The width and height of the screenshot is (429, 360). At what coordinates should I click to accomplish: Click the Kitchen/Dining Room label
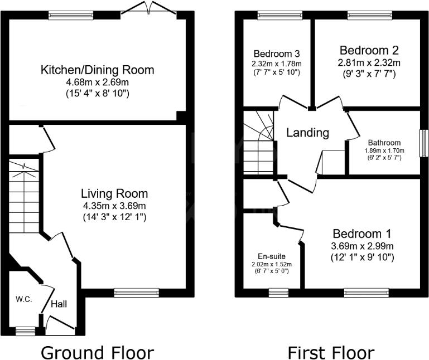click(x=97, y=70)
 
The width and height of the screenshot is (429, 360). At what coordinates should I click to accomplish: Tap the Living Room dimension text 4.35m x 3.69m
click(x=114, y=206)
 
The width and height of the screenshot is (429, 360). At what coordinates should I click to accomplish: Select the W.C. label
click(x=23, y=299)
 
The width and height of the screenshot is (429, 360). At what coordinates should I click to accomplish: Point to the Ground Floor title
click(x=97, y=352)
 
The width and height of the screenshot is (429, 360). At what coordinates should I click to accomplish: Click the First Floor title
click(x=330, y=352)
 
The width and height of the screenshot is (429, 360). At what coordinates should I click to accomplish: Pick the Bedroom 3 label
click(x=277, y=54)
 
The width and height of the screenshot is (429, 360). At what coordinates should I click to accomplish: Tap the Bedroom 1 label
click(x=363, y=233)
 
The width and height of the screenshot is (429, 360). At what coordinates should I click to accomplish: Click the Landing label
click(x=307, y=133)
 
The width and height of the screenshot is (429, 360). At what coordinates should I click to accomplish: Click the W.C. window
click(x=25, y=331)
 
